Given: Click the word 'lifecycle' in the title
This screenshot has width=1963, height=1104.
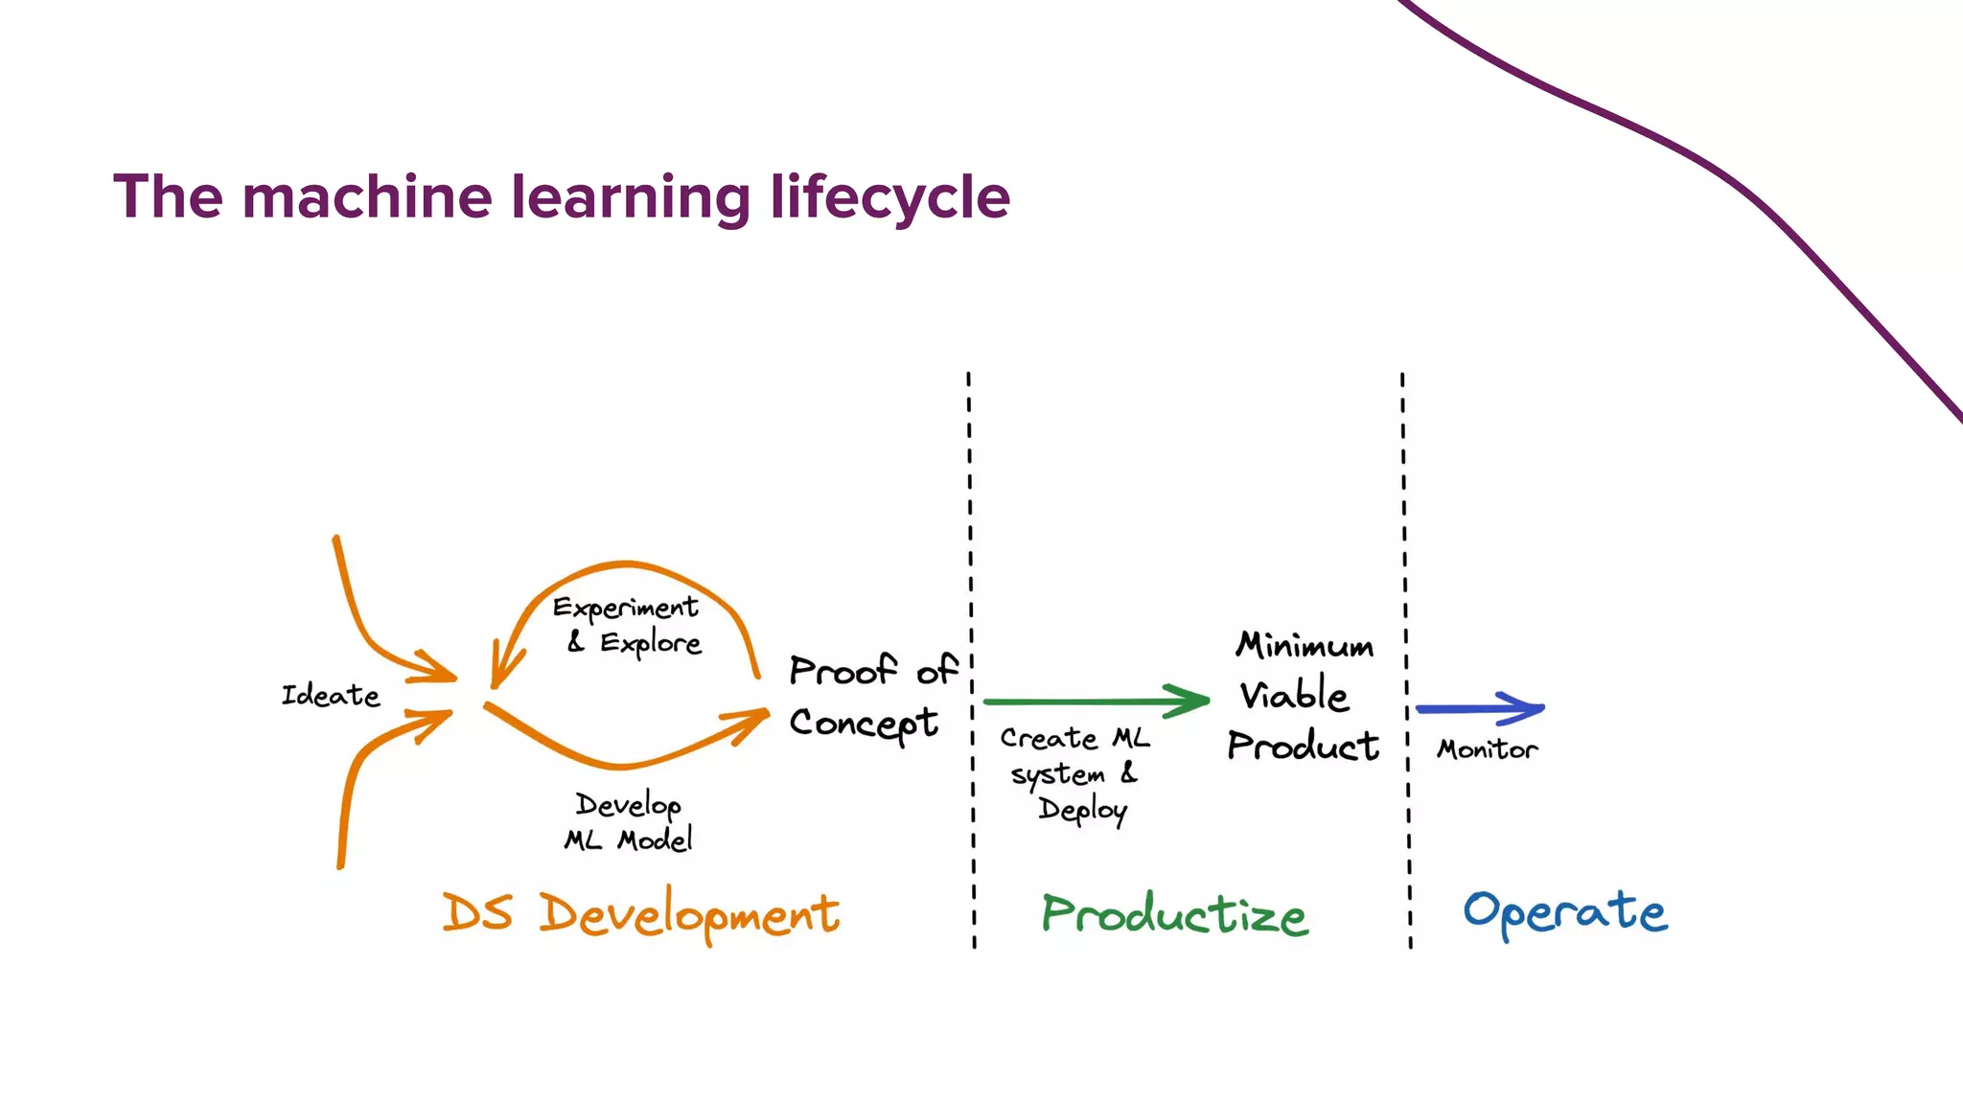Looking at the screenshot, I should (889, 197).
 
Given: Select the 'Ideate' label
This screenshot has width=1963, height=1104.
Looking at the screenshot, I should (331, 695).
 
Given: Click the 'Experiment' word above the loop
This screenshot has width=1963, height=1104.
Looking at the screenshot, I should (625, 608).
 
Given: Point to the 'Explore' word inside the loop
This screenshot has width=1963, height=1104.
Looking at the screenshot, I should (651, 643).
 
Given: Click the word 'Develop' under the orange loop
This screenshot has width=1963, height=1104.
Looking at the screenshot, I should (628, 805).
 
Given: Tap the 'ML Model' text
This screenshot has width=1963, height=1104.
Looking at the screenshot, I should (628, 840).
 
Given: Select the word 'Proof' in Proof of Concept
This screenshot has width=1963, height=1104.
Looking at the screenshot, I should (843, 670).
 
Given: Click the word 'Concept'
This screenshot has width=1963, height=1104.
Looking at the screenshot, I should (863, 724).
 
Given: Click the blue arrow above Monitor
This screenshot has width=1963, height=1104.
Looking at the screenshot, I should (1481, 709).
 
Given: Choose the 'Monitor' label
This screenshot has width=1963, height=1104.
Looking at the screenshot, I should (1487, 749).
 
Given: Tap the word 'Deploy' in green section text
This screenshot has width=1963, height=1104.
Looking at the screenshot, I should (1082, 810).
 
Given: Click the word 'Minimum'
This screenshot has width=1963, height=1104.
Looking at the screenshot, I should (1305, 645).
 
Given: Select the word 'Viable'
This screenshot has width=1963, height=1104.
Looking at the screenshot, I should (1294, 695).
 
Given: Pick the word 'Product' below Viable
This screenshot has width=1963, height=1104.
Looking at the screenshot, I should (1303, 746).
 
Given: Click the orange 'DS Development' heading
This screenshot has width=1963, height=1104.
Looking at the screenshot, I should (640, 913).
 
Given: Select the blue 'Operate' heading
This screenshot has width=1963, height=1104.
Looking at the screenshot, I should (1564, 912).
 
